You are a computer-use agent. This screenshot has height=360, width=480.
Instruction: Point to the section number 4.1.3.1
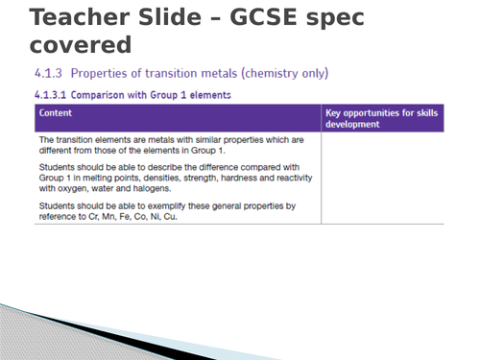point(54,94)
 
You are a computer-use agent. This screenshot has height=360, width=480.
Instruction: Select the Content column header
point(57,112)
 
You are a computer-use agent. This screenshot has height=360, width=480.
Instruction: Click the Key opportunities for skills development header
point(382,118)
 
